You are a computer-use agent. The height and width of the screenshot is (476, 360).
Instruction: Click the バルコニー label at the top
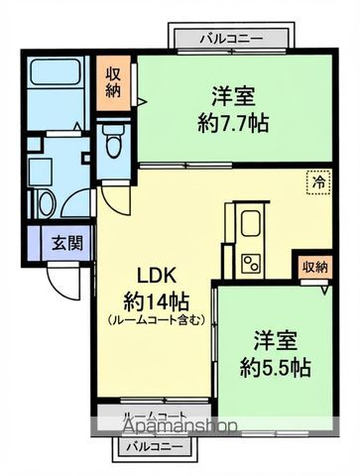click(230, 38)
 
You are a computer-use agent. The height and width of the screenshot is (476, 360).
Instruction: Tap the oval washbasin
click(45, 201)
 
